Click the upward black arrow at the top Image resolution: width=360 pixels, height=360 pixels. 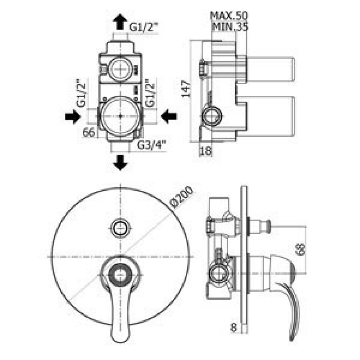click(120, 22)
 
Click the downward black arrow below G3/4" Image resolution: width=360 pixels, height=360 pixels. click(120, 162)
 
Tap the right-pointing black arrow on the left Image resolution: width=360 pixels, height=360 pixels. click(73, 117)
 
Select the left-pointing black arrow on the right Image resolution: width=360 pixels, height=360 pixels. click(169, 117)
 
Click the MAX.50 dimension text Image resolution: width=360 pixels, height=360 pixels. click(229, 16)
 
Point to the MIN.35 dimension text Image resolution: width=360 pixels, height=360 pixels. click(230, 27)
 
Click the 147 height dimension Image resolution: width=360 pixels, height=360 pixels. click(186, 89)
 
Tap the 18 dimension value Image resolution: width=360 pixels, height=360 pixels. click(206, 151)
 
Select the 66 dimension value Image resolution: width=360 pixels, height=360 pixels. click(89, 133)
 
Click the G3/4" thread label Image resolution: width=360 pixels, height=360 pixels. click(151, 145)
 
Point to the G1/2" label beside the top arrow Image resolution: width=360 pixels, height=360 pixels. click(144, 27)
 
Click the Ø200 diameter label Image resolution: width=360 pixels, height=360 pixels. click(182, 197)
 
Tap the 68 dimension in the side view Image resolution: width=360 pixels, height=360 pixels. click(301, 250)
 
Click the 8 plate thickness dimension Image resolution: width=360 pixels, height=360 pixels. click(233, 328)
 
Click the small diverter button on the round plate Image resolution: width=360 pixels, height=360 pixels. click(120, 228)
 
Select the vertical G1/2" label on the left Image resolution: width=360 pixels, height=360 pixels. click(81, 93)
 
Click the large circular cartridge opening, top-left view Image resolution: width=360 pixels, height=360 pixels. click(120, 116)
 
